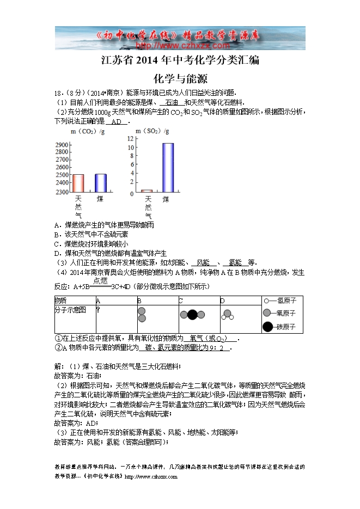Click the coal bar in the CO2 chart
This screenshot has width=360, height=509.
[x=101, y=183]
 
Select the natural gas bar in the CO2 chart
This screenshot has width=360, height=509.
[x=78, y=183]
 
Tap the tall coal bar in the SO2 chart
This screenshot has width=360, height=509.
[x=168, y=168]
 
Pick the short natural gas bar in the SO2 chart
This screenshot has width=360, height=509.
[x=147, y=191]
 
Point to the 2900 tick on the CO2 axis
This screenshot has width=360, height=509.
[x=62, y=144]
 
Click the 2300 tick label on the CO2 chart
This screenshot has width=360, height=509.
[x=62, y=192]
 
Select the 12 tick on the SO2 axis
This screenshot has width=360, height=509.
[x=131, y=139]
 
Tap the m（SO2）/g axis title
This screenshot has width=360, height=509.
[x=154, y=132]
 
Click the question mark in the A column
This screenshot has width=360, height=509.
[x=98, y=309]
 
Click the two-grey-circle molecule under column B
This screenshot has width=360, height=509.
[x=142, y=315]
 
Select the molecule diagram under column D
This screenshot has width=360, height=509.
[x=227, y=314]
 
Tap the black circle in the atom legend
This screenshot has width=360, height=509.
[x=267, y=327]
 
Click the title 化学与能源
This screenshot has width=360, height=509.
[x=180, y=78]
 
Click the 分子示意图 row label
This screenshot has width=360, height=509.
[x=70, y=309]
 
